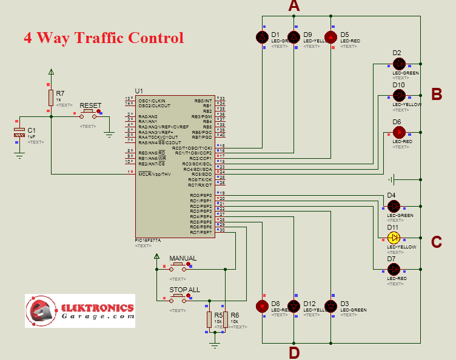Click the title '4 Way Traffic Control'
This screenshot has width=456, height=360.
(103, 38)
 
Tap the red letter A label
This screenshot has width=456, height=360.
(294, 7)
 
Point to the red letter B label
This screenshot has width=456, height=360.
(436, 94)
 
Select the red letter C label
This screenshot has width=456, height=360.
(436, 242)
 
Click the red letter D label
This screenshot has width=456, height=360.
(294, 352)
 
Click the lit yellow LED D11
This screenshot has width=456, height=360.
(394, 237)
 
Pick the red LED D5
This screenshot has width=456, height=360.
(330, 38)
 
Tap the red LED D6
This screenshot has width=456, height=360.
(398, 132)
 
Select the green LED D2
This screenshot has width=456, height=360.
(398, 63)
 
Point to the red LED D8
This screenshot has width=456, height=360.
(262, 306)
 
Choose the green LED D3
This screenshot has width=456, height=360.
(330, 306)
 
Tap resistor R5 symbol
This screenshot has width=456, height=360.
(210, 319)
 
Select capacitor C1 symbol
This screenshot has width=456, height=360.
(19, 134)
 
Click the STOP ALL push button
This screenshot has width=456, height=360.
(178, 298)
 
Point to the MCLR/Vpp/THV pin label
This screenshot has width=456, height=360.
(155, 175)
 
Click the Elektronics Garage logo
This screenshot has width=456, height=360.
(79, 311)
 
